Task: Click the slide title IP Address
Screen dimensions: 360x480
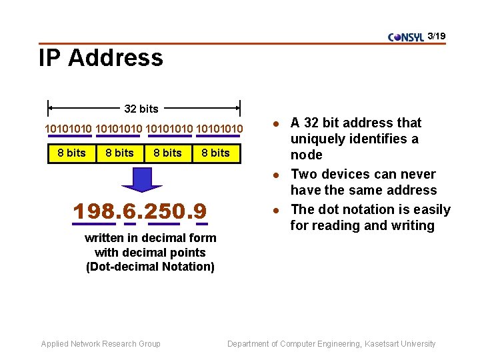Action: [x=101, y=58]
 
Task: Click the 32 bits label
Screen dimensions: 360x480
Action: [x=141, y=109]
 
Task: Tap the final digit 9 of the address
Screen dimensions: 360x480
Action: [x=201, y=211]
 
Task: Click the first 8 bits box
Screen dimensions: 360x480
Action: [x=71, y=153]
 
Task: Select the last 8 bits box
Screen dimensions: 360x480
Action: [x=215, y=153]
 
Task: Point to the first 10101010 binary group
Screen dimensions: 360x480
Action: [x=69, y=127]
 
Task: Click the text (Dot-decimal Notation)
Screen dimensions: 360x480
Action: [x=150, y=267]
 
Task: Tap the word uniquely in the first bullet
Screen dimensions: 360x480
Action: [x=317, y=139]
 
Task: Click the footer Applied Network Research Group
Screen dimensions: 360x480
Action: [x=101, y=344]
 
